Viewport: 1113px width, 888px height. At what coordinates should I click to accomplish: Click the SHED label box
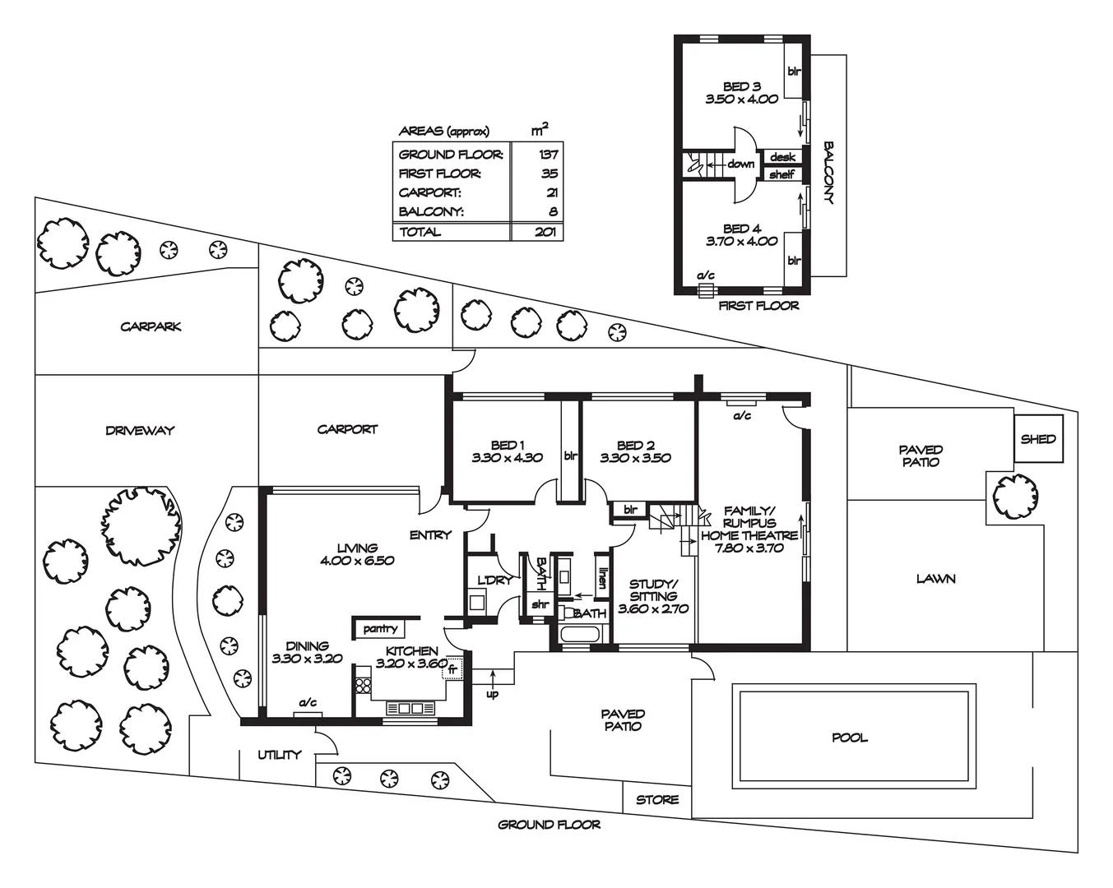point(1037,439)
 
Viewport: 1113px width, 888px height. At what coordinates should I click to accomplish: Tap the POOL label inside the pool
point(850,738)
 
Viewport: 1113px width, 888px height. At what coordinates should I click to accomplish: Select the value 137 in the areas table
point(549,155)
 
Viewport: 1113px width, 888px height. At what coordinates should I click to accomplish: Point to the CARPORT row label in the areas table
point(429,193)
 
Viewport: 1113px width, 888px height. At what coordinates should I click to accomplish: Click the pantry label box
point(380,629)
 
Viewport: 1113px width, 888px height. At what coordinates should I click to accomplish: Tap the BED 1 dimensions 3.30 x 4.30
point(507,458)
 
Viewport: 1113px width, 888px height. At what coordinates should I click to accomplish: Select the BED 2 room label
point(635,445)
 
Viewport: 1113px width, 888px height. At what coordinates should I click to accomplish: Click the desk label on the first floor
point(782,157)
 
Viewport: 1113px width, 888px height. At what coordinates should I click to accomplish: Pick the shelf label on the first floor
point(781,174)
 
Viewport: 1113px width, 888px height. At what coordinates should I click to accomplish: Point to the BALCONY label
point(829,173)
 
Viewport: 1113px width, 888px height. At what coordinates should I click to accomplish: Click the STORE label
point(657,799)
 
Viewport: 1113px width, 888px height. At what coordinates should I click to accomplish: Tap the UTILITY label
point(279,755)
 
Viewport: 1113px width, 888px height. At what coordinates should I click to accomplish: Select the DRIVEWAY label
point(140,430)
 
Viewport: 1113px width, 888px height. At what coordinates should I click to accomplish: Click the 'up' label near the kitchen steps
point(493,694)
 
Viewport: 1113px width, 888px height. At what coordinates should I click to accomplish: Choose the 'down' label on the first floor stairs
point(740,164)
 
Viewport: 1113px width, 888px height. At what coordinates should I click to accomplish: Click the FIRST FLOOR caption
point(758,306)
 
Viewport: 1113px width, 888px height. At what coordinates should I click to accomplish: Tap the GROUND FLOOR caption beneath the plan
point(549,825)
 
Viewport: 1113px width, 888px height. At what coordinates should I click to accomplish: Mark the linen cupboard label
point(602,580)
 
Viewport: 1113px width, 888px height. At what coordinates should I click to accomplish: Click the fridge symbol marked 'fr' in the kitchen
point(452,670)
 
